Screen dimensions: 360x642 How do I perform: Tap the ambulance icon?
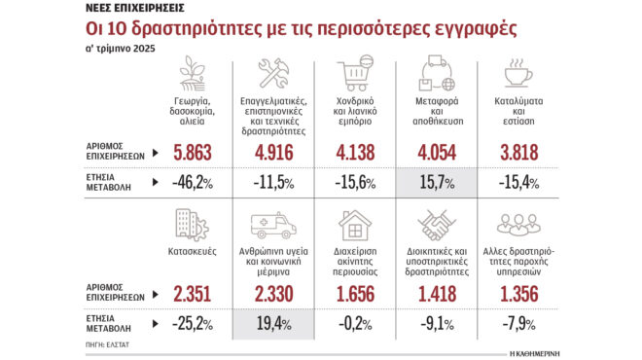pos(272,226)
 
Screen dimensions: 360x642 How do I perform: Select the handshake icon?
pos(438,226)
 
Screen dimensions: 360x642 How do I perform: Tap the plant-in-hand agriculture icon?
pos(193,74)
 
